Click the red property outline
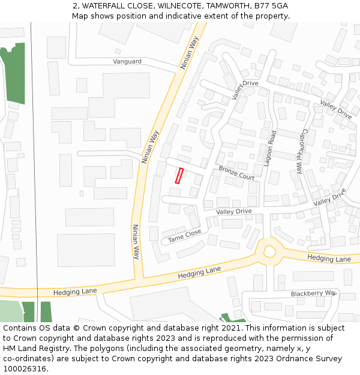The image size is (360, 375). pyautogui.click(x=179, y=176)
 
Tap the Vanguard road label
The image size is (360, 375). pyautogui.click(x=127, y=61)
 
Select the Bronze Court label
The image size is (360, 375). pyautogui.click(x=236, y=173)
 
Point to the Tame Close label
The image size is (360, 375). pyautogui.click(x=185, y=236)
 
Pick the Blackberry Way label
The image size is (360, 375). pyautogui.click(x=314, y=293)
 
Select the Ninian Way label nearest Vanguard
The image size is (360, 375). pyautogui.click(x=190, y=53)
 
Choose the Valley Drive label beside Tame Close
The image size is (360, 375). pyautogui.click(x=234, y=211)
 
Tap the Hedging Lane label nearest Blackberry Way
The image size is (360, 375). pyautogui.click(x=329, y=259)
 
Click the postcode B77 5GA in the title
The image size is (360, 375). pyautogui.click(x=271, y=6)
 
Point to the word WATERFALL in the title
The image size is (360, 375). pyautogui.click(x=103, y=6)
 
